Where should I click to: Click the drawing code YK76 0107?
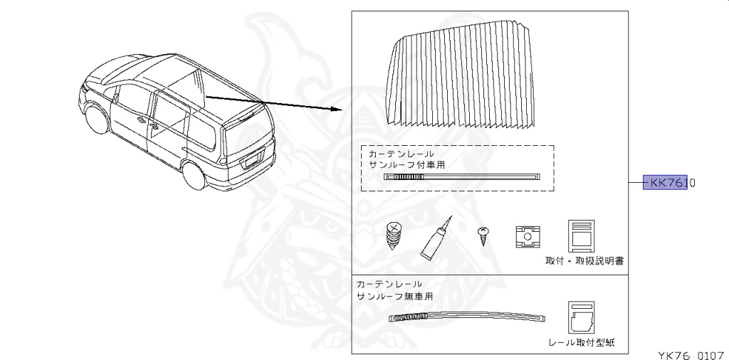[x=691, y=352]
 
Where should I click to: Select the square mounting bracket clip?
[x=527, y=238]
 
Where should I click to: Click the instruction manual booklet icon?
[x=581, y=236]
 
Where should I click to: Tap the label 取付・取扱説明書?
[x=584, y=261]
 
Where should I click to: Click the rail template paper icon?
[x=581, y=317]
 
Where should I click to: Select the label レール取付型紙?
[x=582, y=343]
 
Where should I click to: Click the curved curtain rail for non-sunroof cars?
[x=470, y=316]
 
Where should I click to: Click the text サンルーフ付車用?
[x=407, y=164]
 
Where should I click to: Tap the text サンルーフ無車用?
[x=394, y=295]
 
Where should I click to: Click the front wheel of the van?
[x=95, y=117]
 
